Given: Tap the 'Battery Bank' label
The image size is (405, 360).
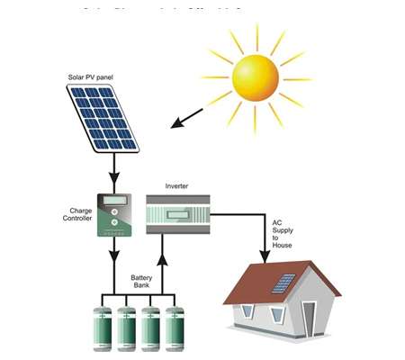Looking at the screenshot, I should (141, 281).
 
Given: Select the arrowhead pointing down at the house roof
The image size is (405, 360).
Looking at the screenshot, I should (264, 258).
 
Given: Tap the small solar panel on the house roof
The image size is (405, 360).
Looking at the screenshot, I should (284, 283).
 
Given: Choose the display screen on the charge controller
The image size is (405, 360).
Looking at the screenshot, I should (114, 201).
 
